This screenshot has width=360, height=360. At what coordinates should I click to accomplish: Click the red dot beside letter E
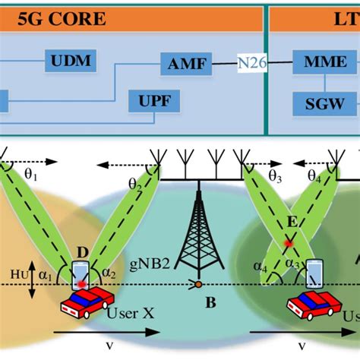[x=288, y=243]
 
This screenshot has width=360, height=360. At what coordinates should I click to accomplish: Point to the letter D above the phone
[x=83, y=251]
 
